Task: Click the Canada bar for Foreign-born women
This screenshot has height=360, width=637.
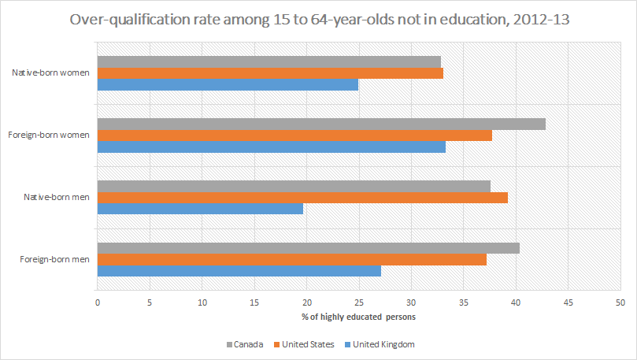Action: coord(321,124)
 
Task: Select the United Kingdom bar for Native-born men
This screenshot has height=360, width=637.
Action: coord(200,209)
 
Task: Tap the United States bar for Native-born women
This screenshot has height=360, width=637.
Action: coord(270,73)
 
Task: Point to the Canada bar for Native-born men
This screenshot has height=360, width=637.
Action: coord(294,186)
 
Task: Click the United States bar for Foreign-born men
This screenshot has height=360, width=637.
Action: coord(291,259)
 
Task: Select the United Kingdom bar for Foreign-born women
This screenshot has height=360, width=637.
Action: coord(271,147)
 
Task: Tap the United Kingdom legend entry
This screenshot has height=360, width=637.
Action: coord(378,344)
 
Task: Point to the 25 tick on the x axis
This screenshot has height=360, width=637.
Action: coord(359,302)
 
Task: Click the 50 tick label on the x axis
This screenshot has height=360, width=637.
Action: coord(620,302)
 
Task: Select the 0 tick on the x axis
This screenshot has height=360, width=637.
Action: coord(98,302)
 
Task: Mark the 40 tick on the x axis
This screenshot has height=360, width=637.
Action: coord(516,302)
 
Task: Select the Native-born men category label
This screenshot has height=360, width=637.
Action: coord(57,197)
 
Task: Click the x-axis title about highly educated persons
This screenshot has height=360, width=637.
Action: coord(358,317)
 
